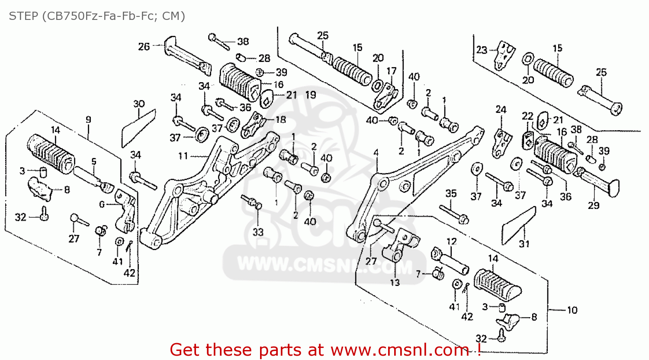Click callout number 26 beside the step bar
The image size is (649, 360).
[x=144, y=46]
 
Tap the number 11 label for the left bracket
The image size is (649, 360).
[x=183, y=155]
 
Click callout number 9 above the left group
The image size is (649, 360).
[x=88, y=120]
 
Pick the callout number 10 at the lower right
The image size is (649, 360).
[x=572, y=310]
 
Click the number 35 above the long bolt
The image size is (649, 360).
[x=451, y=193]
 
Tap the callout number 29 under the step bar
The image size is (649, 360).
[x=594, y=205]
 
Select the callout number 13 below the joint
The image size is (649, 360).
[x=395, y=283]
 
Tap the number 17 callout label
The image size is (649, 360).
[x=391, y=71]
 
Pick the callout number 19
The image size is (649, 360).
[x=311, y=95]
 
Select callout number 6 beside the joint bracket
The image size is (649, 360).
[x=102, y=204]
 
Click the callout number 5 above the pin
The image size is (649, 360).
[x=93, y=161]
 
